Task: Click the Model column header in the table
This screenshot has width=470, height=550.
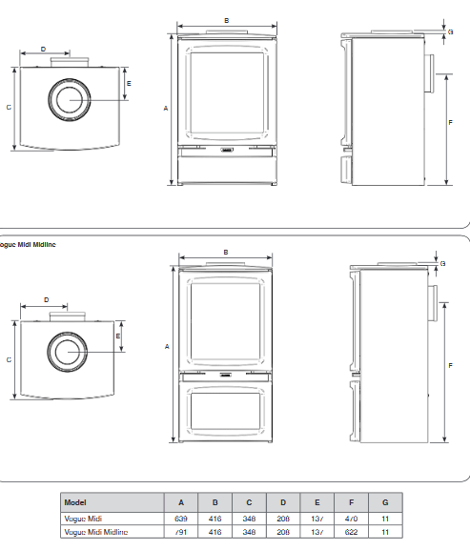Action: point(75,502)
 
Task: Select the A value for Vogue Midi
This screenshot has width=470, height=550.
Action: point(180,518)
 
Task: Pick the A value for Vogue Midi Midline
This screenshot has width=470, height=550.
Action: point(180,531)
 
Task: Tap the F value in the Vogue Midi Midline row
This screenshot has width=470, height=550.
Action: point(352,531)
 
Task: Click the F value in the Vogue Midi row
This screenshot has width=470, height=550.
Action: point(352,518)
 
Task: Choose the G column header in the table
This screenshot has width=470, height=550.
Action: point(384,502)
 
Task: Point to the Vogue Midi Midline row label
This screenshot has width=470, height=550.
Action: point(94,531)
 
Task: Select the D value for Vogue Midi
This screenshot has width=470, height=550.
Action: point(283,518)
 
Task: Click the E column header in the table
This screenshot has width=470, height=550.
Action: point(317,502)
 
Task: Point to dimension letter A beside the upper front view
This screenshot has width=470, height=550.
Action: point(166,109)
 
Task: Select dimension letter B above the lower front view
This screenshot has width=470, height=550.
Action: point(225,252)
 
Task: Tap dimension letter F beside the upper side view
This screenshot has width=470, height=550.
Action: point(449,123)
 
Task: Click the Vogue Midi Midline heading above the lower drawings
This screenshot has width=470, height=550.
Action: point(30,245)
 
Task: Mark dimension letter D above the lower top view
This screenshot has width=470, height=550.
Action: point(48,299)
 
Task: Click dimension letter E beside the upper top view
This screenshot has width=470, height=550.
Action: point(129,84)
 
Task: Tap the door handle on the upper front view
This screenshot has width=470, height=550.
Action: point(226,150)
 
